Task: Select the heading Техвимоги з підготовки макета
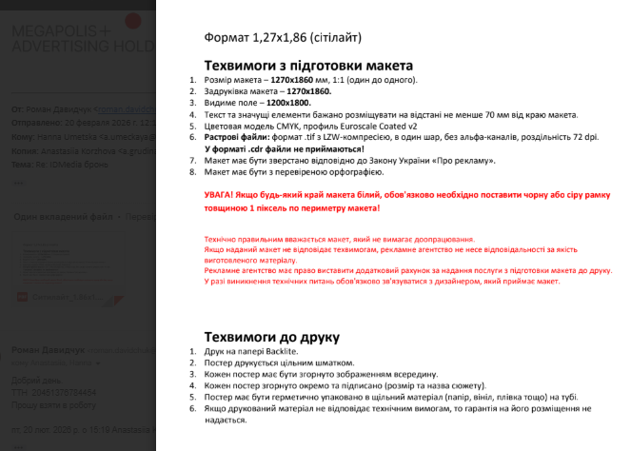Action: [308, 66]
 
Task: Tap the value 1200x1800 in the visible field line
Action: [288, 103]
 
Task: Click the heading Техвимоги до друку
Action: [272, 337]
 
